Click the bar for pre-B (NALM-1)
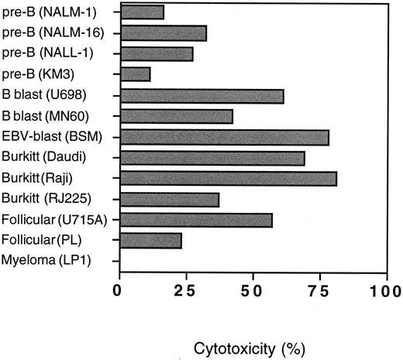coord(141,12)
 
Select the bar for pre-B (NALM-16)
coord(163,33)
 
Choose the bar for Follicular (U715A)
coord(195,220)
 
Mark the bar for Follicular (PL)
coord(150,241)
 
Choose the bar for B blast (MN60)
coord(176,116)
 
